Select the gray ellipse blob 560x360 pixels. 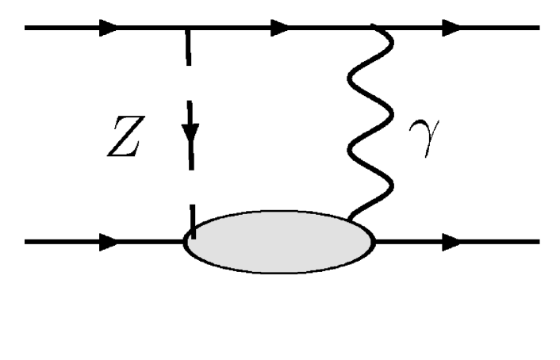pyautogui.click(x=279, y=241)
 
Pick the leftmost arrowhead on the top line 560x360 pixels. pyautogui.click(x=107, y=29)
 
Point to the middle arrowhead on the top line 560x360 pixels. pyautogui.click(x=278, y=29)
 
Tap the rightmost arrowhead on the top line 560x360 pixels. pyautogui.click(x=451, y=29)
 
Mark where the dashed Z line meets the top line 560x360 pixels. pyautogui.click(x=189, y=29)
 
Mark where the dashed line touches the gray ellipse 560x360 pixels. pyautogui.click(x=191, y=232)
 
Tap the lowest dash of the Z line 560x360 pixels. pyautogui.click(x=191, y=219)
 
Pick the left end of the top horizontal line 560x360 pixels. pyautogui.click(x=27, y=29)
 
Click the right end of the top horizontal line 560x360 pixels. pyautogui.click(x=539, y=29)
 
